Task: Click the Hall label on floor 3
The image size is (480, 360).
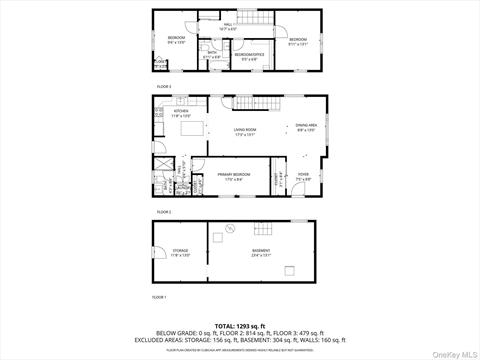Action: pyautogui.click(x=229, y=27)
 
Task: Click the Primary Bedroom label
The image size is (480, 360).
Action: pyautogui.click(x=231, y=177)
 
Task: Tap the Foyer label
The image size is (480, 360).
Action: pyautogui.click(x=303, y=177)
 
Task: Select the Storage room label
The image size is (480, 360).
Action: pyautogui.click(x=180, y=251)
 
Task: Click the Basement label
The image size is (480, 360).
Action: pyautogui.click(x=262, y=251)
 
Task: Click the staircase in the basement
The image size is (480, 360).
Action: pyautogui.click(x=259, y=227)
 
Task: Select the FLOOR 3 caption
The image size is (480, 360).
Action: pyautogui.click(x=163, y=87)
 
